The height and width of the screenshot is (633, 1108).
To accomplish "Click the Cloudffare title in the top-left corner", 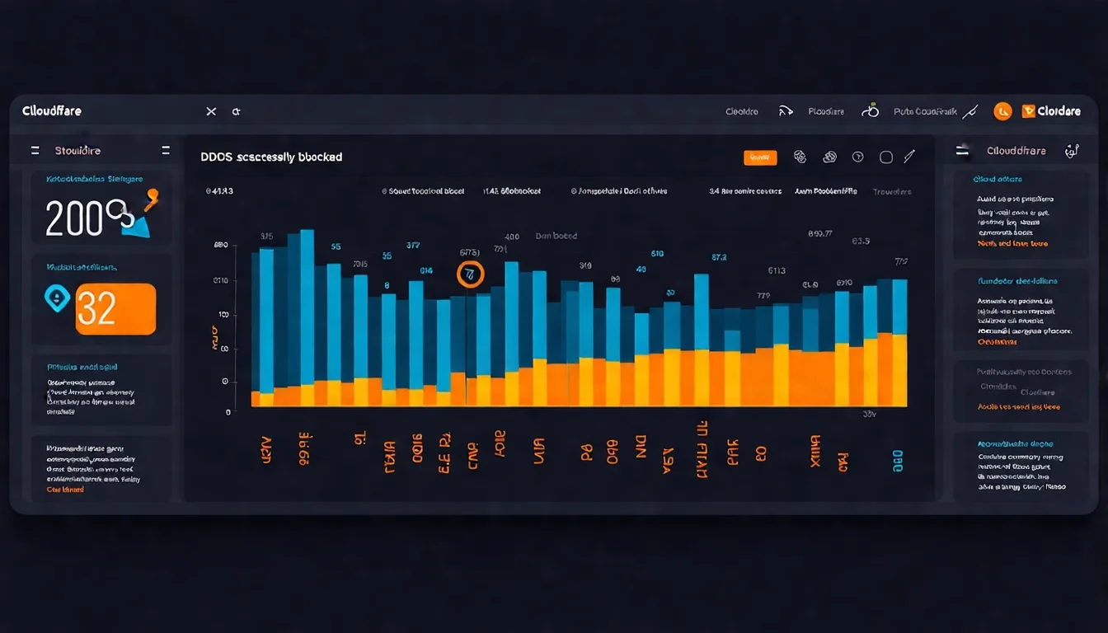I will [x=52, y=111].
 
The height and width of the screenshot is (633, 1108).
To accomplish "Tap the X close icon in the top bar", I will [x=211, y=111].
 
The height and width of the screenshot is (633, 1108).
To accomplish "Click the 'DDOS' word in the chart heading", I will [x=217, y=157].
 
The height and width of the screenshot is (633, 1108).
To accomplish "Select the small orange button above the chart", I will [x=760, y=157].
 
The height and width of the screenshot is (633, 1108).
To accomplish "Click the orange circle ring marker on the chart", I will [x=470, y=274].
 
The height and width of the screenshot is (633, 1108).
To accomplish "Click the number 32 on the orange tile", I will [x=97, y=309].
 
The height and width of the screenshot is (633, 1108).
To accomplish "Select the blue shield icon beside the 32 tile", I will [x=56, y=298].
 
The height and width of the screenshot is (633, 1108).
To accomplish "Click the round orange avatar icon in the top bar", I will [x=1002, y=111].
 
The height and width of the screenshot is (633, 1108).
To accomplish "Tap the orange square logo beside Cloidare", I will [x=1028, y=111].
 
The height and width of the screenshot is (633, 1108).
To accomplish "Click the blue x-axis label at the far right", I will [x=898, y=461].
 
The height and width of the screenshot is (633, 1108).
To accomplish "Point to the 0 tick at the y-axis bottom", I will [x=228, y=411].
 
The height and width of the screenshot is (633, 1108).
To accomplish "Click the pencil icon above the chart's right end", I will [x=909, y=157].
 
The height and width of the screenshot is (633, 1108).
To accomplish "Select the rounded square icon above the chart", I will [x=886, y=157].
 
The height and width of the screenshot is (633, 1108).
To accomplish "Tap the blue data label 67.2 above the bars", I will [x=719, y=257].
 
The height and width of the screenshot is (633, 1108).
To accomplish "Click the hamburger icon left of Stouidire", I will [x=35, y=151].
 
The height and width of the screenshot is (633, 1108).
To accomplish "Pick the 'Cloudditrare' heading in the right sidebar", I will [x=1016, y=151].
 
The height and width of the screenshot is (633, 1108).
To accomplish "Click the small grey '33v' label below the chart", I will [x=869, y=414].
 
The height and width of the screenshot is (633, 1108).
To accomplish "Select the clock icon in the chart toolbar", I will [x=857, y=157].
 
